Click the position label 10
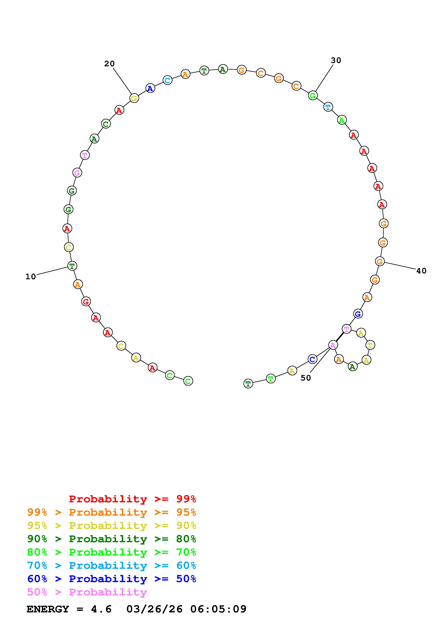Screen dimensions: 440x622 (x=31, y=277)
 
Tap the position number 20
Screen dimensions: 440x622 (x=110, y=64)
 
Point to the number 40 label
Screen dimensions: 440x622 (x=421, y=271)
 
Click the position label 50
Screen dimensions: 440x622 (x=306, y=378)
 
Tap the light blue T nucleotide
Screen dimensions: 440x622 (x=328, y=107)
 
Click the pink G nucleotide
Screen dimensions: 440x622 (x=77, y=173)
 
